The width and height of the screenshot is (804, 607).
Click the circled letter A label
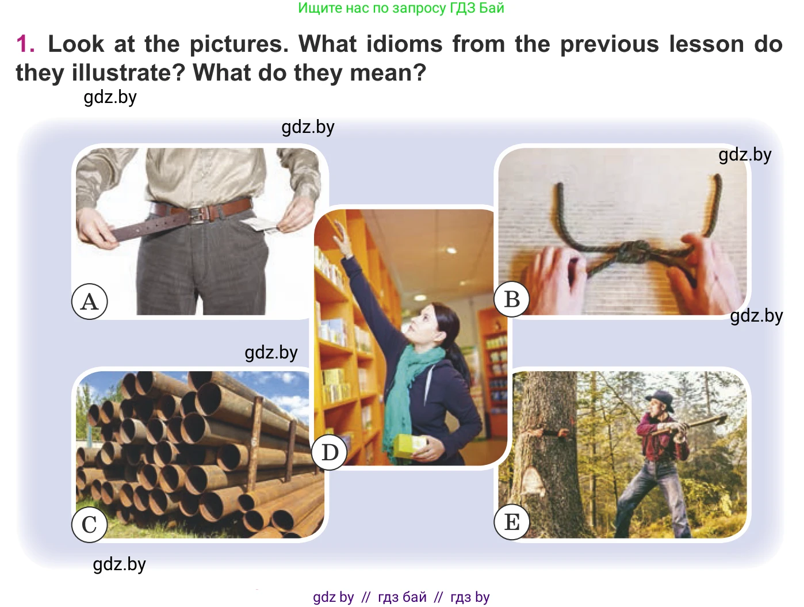click(89, 301)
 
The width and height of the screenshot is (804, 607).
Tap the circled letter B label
click(512, 299)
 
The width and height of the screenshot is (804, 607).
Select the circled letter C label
click(89, 524)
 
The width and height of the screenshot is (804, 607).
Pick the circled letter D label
click(330, 452)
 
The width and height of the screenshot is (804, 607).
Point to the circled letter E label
click(512, 522)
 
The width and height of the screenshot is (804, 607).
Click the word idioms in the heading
click(404, 44)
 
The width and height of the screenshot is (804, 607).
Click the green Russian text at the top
click(401, 8)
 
